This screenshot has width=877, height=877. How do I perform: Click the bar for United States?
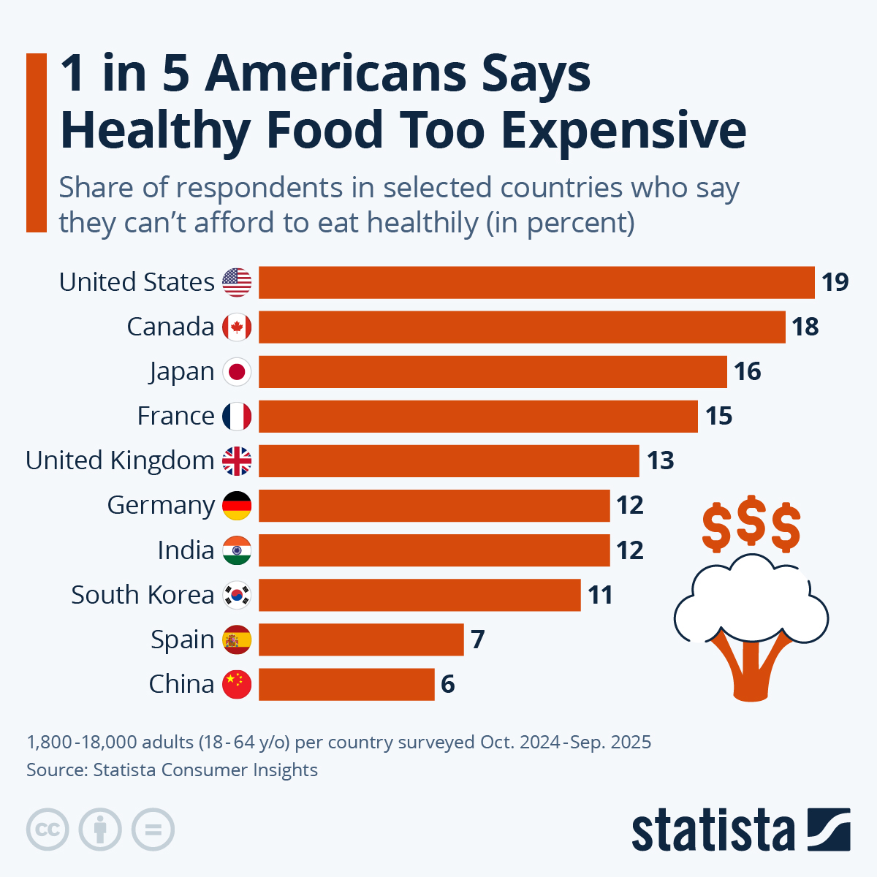tap(536, 282)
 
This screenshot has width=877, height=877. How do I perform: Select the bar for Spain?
tap(361, 639)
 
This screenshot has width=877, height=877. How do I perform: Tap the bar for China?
tap(346, 684)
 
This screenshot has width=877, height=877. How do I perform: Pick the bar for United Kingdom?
tap(449, 460)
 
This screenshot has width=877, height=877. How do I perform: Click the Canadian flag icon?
tap(237, 327)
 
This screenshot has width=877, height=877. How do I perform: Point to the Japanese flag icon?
tap(237, 371)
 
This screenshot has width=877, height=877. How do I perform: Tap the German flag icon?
tap(237, 505)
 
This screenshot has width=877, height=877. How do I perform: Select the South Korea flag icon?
tap(237, 595)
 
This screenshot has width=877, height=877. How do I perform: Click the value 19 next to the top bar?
tap(835, 282)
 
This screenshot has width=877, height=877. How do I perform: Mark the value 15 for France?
tap(718, 416)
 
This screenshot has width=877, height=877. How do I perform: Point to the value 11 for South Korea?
tap(600, 595)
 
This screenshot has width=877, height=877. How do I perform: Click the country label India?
tap(186, 550)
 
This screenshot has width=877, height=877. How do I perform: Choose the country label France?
tap(175, 416)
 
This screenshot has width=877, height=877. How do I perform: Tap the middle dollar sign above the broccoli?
tap(751, 524)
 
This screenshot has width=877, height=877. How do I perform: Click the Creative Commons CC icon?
tap(48, 829)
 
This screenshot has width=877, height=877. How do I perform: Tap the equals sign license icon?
tap(153, 829)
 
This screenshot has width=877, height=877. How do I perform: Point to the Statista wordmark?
tap(713, 831)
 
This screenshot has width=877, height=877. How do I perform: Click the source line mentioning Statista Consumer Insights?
tap(172, 770)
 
